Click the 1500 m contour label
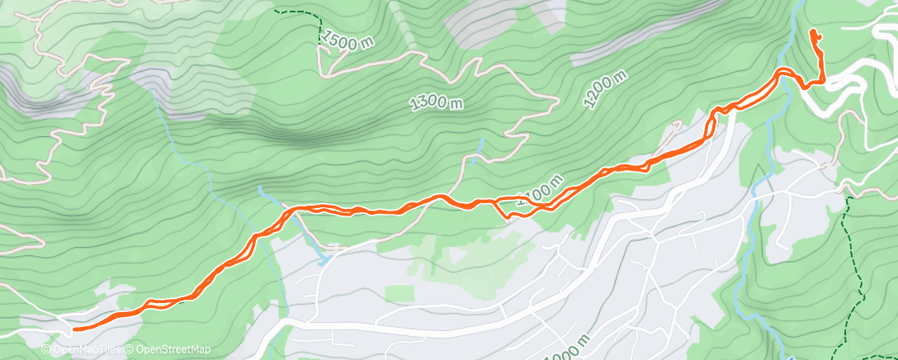349,40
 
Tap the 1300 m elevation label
437,102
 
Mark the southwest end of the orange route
75,329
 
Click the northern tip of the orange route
814,32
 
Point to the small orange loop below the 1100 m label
515,212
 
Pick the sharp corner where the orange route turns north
823,80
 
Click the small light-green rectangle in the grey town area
399,293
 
